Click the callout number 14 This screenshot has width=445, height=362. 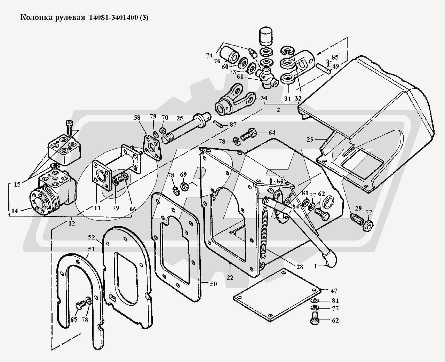(x=15, y=211)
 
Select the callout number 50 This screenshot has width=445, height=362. (x=213, y=284)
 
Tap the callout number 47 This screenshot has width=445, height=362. (x=334, y=291)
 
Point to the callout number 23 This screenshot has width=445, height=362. (x=310, y=139)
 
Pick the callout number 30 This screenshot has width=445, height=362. (x=264, y=98)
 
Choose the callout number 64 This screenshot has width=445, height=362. (x=272, y=133)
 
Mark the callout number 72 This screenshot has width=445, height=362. (x=369, y=212)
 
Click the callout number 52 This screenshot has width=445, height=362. (x=92, y=237)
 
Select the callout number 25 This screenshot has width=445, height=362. (x=180, y=118)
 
